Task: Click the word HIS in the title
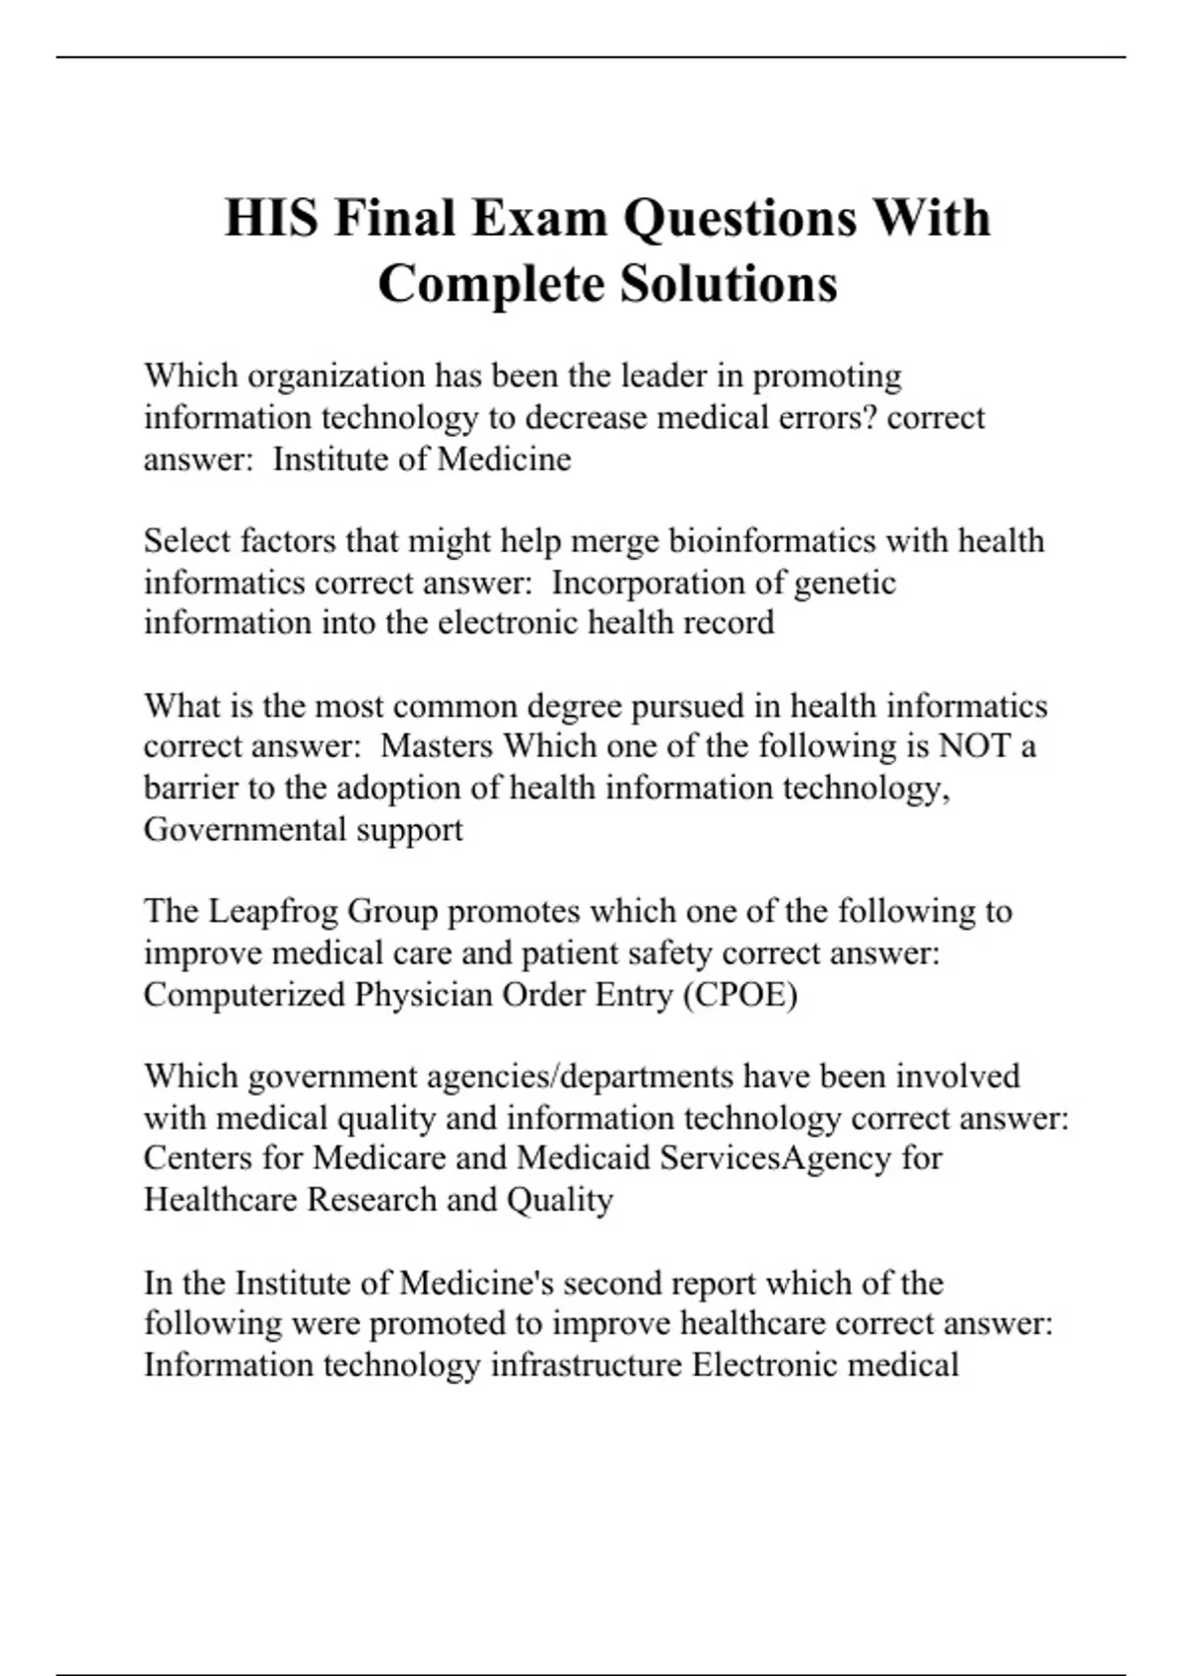[x=271, y=218]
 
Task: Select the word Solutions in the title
[x=729, y=284]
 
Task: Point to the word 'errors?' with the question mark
[x=822, y=418]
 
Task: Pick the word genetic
[x=844, y=583]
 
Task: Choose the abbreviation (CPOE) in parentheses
[x=739, y=995]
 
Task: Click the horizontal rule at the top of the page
[x=591, y=57]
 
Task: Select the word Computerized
[x=244, y=995]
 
